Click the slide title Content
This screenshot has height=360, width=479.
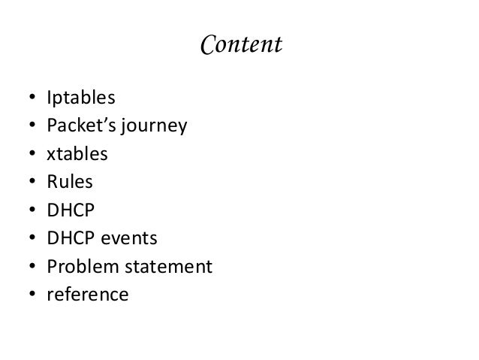point(240,46)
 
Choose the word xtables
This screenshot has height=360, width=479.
point(77,155)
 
